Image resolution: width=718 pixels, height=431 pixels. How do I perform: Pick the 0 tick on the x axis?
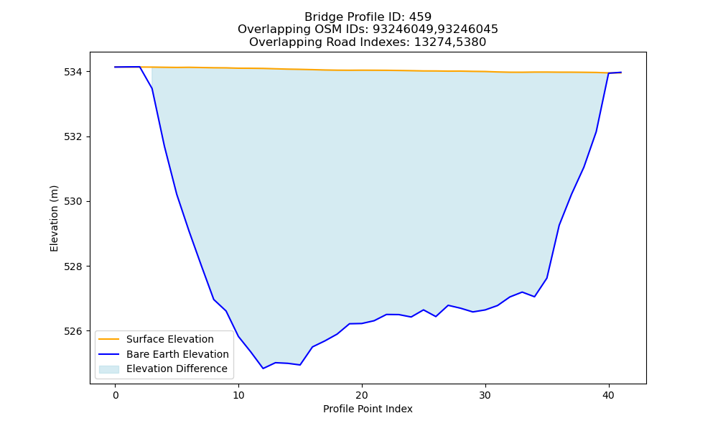(116, 395)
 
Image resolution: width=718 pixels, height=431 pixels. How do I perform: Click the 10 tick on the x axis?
(238, 395)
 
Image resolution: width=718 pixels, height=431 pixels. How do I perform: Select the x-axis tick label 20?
(362, 395)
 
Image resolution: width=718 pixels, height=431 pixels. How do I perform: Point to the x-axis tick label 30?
(485, 395)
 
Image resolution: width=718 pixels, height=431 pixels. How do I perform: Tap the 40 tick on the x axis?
(609, 395)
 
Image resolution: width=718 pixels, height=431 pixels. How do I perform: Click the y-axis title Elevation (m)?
(54, 218)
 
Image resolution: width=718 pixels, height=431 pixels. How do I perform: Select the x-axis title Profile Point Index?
(368, 409)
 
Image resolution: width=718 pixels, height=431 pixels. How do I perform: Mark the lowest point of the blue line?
(263, 369)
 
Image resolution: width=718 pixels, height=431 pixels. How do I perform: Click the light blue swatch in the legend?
(109, 369)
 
